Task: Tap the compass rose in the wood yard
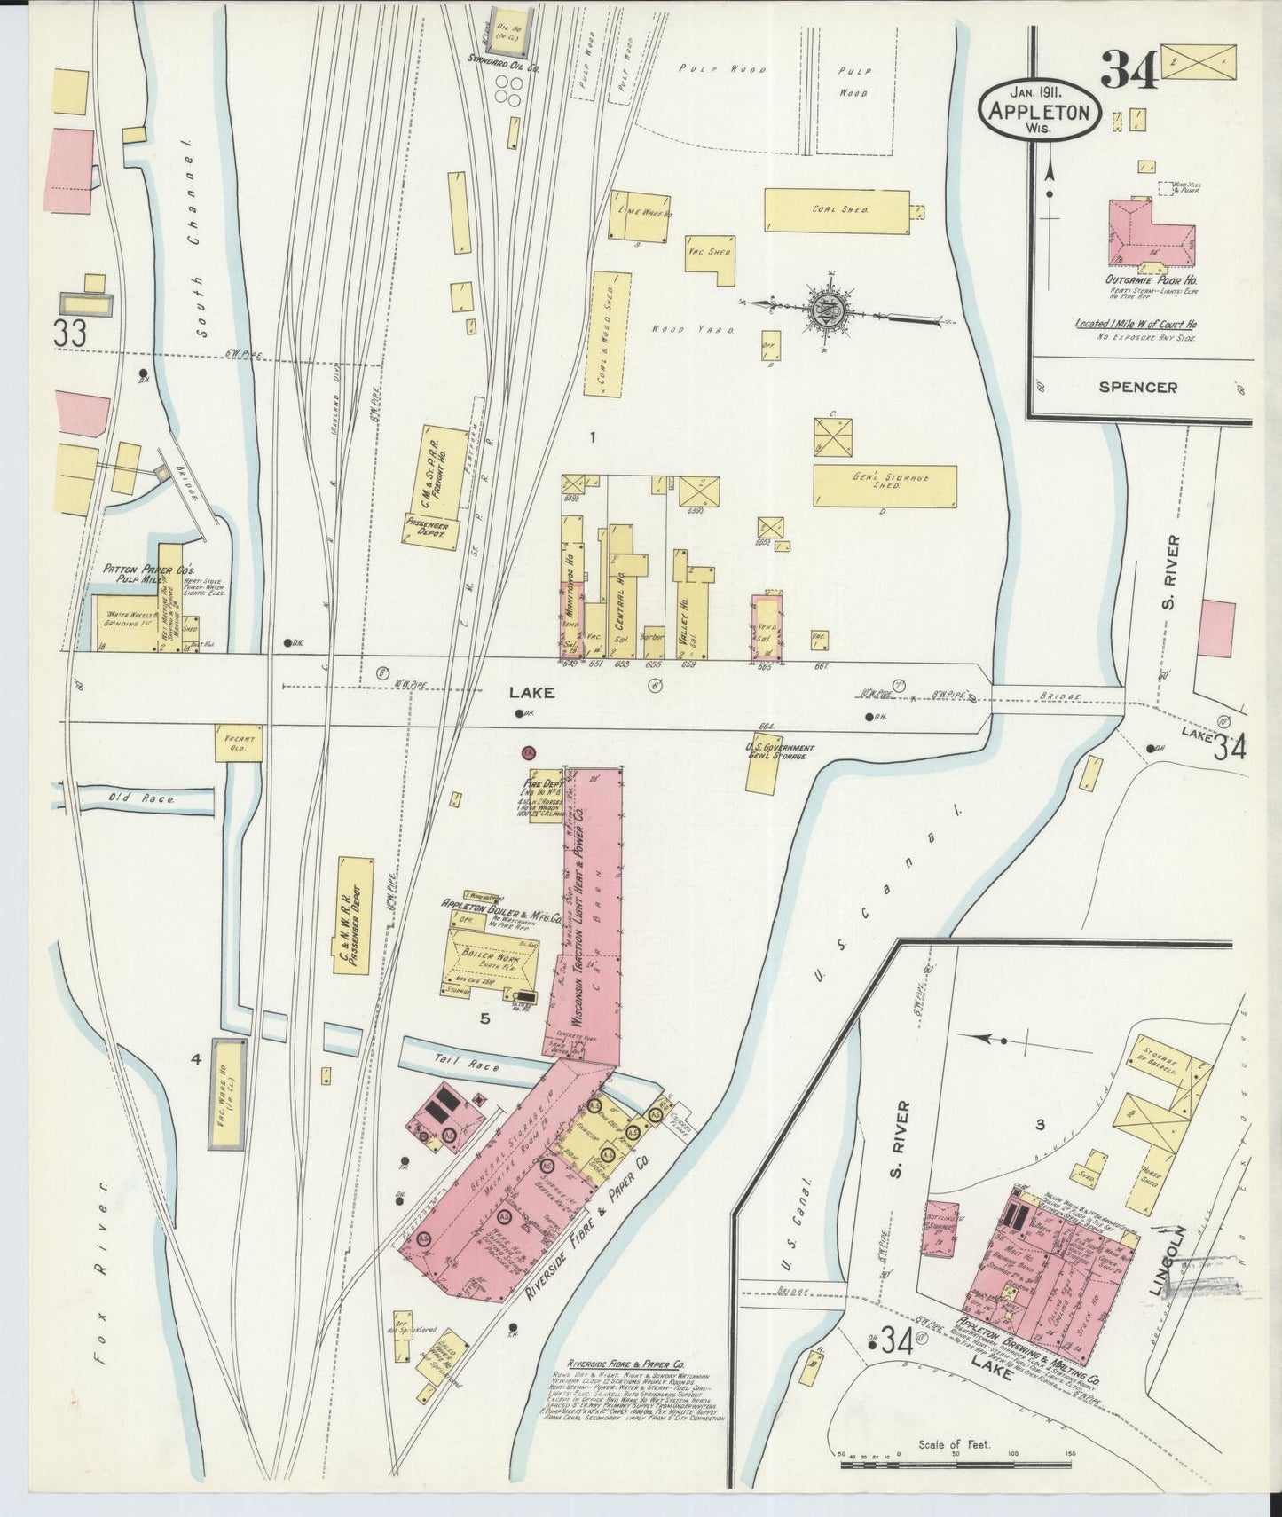coord(822,310)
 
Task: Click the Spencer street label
coord(1138,388)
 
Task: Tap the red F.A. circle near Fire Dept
coord(527,753)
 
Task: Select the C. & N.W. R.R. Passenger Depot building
coord(355,916)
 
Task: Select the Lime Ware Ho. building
coord(638,216)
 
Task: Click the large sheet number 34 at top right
coord(1129,71)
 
